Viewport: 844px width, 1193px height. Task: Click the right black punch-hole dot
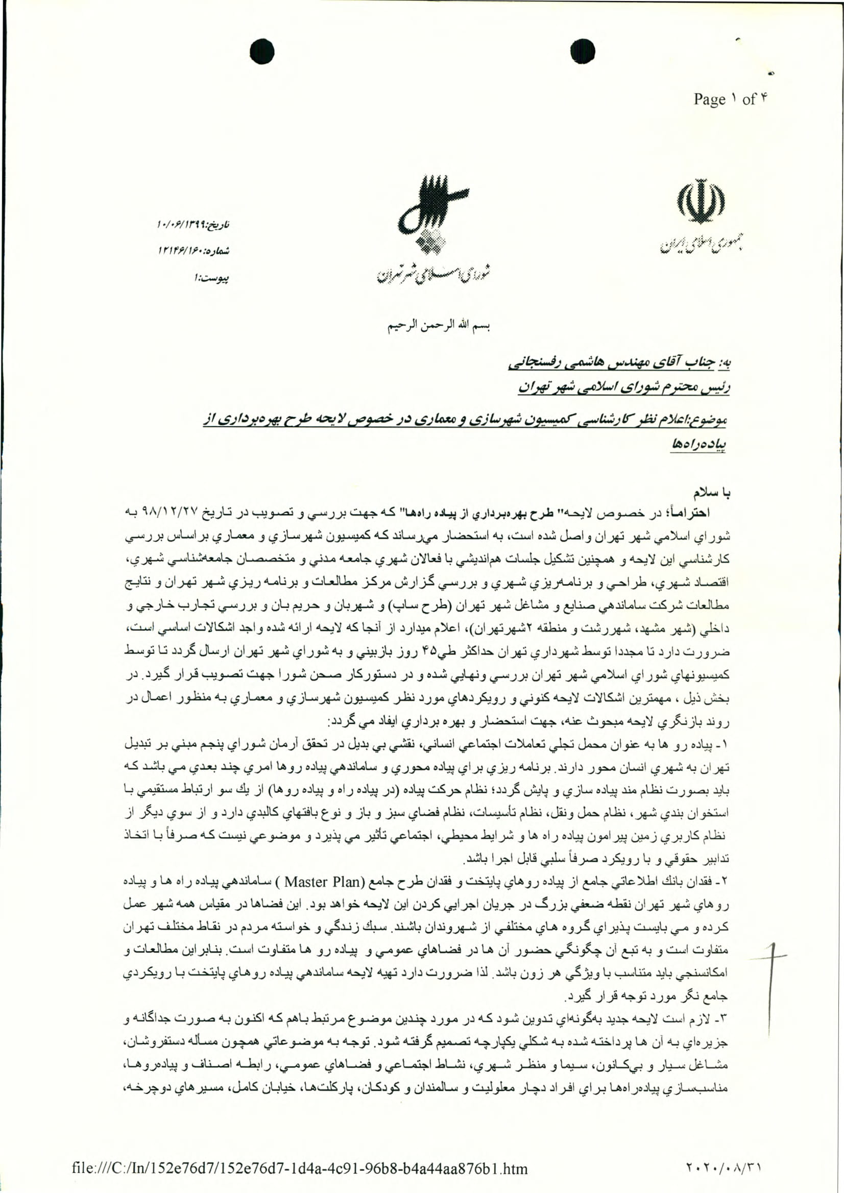coord(582,52)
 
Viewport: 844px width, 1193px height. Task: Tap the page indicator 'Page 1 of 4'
coord(730,99)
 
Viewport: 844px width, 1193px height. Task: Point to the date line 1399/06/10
coord(193,225)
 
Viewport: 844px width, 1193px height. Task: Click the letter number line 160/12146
coord(193,251)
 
